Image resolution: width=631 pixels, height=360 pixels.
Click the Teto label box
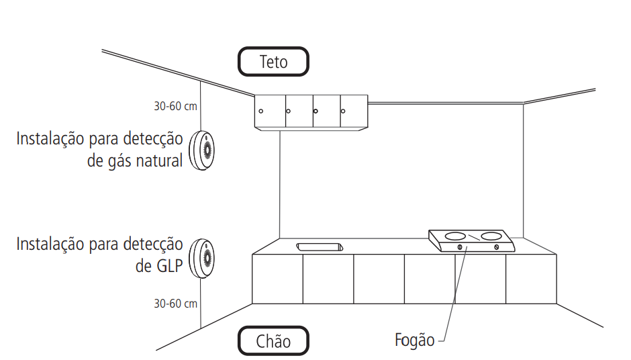(273, 62)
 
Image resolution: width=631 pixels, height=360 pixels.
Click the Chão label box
(273, 341)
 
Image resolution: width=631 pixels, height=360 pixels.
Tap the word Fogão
(414, 341)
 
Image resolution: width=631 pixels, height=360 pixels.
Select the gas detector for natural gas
(201, 150)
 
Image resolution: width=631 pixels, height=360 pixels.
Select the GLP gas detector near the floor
(201, 259)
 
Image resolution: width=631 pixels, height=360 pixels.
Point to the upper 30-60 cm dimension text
(175, 106)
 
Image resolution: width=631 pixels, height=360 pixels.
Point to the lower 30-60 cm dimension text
(175, 303)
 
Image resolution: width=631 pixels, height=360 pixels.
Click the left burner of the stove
(455, 236)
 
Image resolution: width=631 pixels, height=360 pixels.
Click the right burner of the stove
(491, 236)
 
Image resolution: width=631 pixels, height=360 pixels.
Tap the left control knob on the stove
(460, 247)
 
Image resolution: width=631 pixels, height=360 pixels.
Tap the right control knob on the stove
(497, 247)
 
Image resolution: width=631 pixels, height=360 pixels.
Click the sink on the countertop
(320, 247)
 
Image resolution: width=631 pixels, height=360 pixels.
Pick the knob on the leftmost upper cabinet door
(260, 111)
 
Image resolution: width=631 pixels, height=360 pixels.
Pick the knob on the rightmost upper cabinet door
(343, 111)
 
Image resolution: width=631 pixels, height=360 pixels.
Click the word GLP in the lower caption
(159, 266)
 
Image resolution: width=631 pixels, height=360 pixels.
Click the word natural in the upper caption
(160, 161)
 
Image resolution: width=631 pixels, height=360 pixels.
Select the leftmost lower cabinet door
(277, 279)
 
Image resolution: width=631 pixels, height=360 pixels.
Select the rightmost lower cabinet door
(531, 279)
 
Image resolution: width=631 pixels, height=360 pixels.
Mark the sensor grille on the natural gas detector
(207, 150)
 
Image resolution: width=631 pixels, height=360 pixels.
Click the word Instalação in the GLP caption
(50, 244)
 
